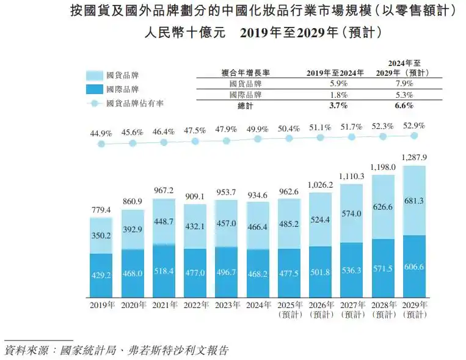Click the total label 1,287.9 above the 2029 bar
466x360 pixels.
(415, 157)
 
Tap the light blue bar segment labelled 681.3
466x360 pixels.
(415, 200)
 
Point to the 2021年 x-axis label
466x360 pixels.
(164, 305)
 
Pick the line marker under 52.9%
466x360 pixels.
(415, 136)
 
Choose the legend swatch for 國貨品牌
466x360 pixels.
(93, 75)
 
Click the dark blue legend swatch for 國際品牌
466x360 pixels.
(93, 89)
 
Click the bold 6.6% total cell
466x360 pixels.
(404, 106)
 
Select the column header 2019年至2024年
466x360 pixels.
(335, 72)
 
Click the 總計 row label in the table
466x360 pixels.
(244, 106)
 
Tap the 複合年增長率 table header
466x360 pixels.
(244, 72)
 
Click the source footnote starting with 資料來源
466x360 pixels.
(116, 350)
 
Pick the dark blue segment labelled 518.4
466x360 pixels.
(164, 271)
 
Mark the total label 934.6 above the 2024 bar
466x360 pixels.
(258, 195)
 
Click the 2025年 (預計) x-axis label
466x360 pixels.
(289, 309)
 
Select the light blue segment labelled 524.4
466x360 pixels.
(320, 220)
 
